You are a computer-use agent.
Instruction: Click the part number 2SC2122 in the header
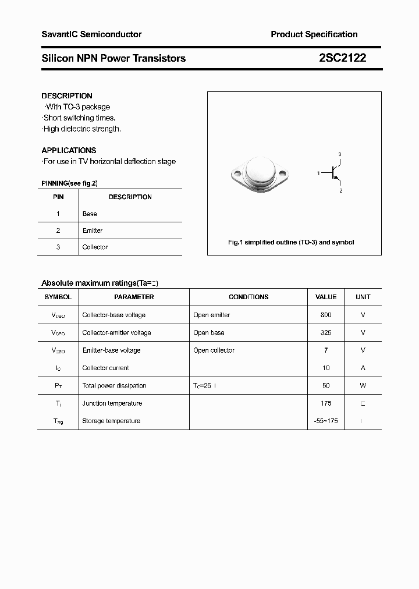tap(342, 58)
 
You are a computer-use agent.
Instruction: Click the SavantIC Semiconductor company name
tap(91, 34)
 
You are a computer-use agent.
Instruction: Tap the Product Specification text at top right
tap(314, 34)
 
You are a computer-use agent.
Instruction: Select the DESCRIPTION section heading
tap(67, 96)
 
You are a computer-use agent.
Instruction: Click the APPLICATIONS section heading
tap(69, 150)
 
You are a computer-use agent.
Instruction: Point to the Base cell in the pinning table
tap(90, 214)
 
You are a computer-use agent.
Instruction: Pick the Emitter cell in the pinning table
tap(93, 230)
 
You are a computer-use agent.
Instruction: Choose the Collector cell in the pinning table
tap(95, 247)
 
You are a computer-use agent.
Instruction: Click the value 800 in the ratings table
tap(326, 315)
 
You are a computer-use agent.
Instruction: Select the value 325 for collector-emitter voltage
tap(326, 333)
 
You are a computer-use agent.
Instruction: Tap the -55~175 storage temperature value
tap(326, 421)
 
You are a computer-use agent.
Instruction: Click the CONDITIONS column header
tap(248, 297)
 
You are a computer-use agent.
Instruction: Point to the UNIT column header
tap(363, 297)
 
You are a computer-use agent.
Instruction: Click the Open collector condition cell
tap(214, 350)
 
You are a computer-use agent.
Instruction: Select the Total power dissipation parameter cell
tap(114, 385)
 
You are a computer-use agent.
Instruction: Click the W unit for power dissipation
tap(363, 385)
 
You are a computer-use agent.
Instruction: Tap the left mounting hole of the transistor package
tap(236, 173)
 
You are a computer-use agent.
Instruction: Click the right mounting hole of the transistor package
tap(283, 173)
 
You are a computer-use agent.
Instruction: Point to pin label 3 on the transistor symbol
tap(340, 154)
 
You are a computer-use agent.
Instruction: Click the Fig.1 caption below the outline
tap(290, 242)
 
